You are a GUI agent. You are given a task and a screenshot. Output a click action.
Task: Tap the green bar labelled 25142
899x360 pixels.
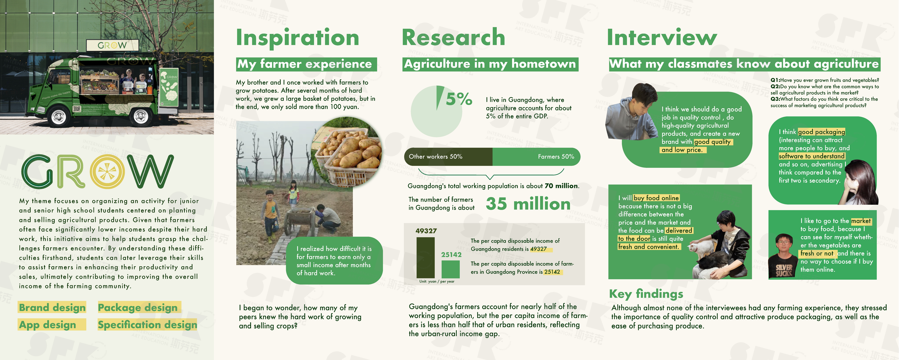point(451,269)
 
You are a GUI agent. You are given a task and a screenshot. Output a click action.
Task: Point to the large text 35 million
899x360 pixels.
point(528,204)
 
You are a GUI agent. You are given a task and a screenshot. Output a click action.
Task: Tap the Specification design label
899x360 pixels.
point(147,325)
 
